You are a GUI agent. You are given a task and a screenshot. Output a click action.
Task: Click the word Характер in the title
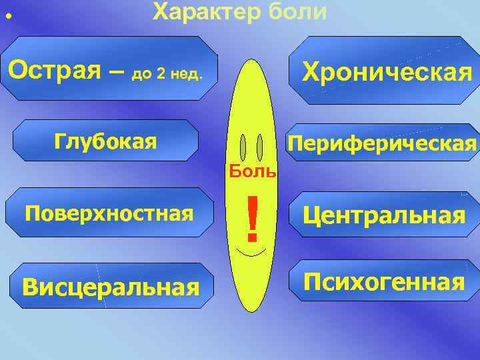coord(201,11)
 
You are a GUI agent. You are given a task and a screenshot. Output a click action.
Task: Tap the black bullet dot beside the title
coord(9,15)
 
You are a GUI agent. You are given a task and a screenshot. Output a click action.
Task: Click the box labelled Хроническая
coord(387,71)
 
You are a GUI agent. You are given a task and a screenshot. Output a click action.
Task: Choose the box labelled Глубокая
coord(106,141)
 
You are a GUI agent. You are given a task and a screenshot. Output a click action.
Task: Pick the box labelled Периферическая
coord(381,143)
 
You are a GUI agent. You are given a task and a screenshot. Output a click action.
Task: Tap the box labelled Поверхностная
coord(109,213)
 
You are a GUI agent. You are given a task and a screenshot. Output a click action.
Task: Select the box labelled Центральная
coord(383,215)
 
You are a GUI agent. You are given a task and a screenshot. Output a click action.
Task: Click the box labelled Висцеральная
coord(111,287)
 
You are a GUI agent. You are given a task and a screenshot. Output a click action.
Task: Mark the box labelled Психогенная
coord(383,282)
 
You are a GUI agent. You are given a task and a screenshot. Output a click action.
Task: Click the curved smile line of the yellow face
coord(252,255)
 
